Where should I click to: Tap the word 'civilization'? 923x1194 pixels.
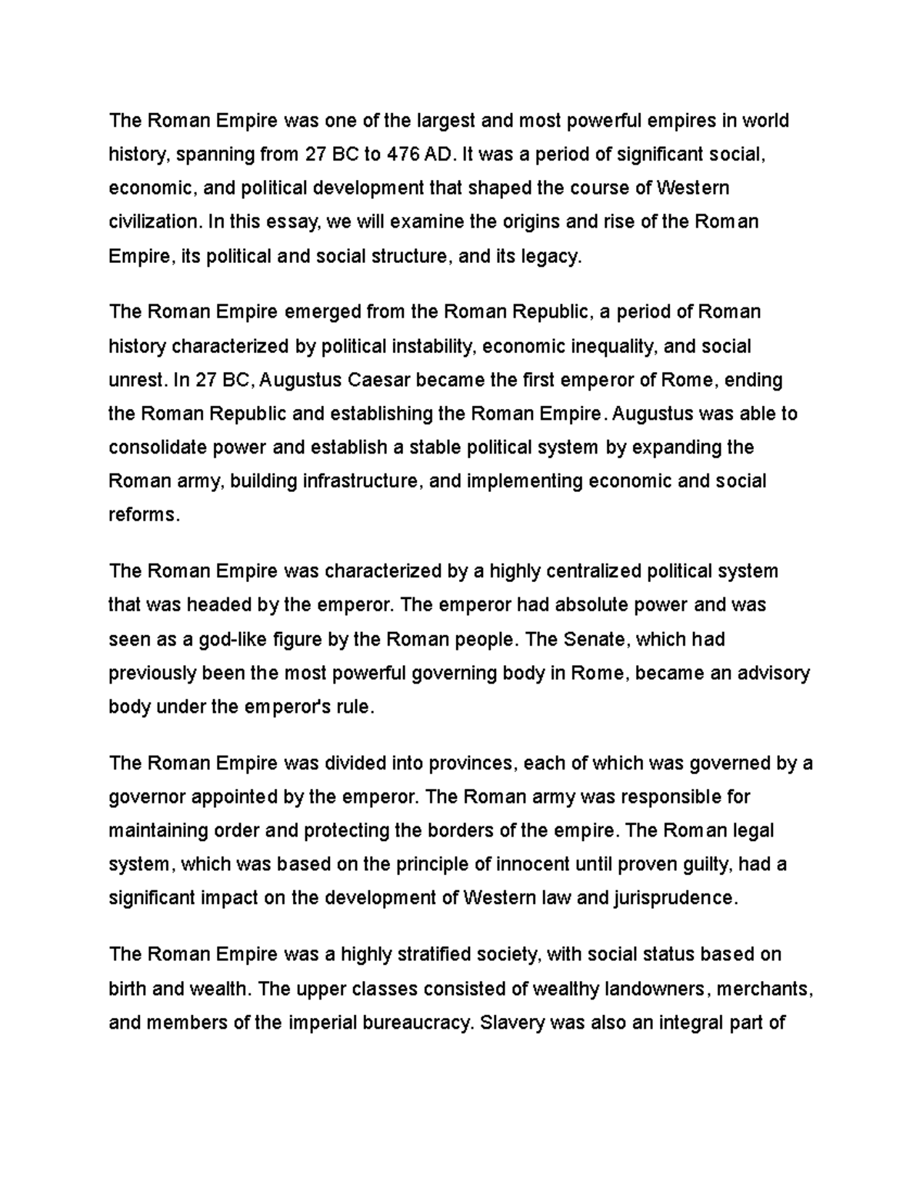point(153,222)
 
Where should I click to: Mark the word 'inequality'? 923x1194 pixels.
point(613,346)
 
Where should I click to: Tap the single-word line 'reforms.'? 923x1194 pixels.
point(144,515)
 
